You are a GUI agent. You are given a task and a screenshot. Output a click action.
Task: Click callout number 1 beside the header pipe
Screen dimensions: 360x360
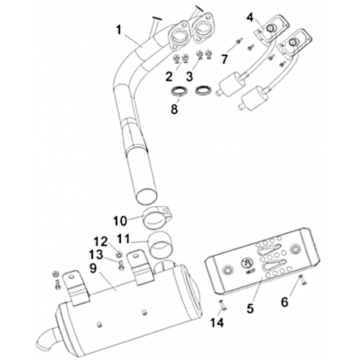[119, 30]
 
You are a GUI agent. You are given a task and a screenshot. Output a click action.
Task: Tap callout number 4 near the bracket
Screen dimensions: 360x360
[250, 18]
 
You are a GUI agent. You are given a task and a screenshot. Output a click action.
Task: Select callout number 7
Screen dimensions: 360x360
[225, 59]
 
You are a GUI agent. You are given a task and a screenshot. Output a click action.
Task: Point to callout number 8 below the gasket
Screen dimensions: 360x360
[174, 109]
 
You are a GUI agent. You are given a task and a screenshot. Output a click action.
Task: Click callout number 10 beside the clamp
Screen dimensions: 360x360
[120, 221]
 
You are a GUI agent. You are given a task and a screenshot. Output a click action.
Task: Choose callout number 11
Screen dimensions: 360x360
[123, 239]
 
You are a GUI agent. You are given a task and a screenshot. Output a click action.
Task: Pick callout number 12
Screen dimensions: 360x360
[100, 241]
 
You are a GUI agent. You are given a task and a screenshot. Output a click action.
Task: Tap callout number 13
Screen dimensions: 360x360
[96, 255]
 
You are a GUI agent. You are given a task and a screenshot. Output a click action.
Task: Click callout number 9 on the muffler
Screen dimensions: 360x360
[93, 268]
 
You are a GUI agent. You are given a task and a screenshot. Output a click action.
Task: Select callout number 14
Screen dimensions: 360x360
[217, 323]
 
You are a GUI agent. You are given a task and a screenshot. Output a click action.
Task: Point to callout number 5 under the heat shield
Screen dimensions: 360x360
[250, 308]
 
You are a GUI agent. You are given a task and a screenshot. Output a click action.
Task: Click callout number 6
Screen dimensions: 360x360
[284, 302]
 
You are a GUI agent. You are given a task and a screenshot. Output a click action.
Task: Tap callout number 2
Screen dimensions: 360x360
[169, 76]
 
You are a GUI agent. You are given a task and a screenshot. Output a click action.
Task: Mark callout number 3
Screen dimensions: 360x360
[190, 76]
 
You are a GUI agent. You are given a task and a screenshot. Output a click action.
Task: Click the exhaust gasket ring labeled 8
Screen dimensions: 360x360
[179, 92]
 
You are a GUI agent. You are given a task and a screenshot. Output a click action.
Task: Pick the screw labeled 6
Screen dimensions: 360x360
[303, 280]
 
